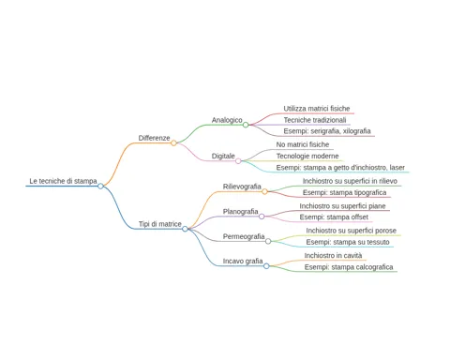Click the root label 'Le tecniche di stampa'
[x=63, y=181]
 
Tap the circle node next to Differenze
[x=173, y=143]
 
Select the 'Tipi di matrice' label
[x=160, y=224]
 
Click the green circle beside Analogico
[x=246, y=125]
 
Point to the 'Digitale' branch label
[x=223, y=156]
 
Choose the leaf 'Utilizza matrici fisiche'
[x=317, y=109]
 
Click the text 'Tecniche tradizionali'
[x=315, y=120]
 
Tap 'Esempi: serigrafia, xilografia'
[x=327, y=131]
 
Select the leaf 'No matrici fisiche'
[x=303, y=144]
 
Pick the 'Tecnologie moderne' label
[x=307, y=156]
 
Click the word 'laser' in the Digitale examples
[x=397, y=168]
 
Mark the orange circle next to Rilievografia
[x=264, y=191]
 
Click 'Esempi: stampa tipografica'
[x=344, y=192]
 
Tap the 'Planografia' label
[x=240, y=212]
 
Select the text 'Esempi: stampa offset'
[x=334, y=217]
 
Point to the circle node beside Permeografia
[x=268, y=241]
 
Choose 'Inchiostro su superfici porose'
[x=351, y=231]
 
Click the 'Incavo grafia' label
[x=243, y=261]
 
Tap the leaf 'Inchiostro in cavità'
[x=333, y=256]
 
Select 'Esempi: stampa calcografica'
[x=349, y=267]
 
